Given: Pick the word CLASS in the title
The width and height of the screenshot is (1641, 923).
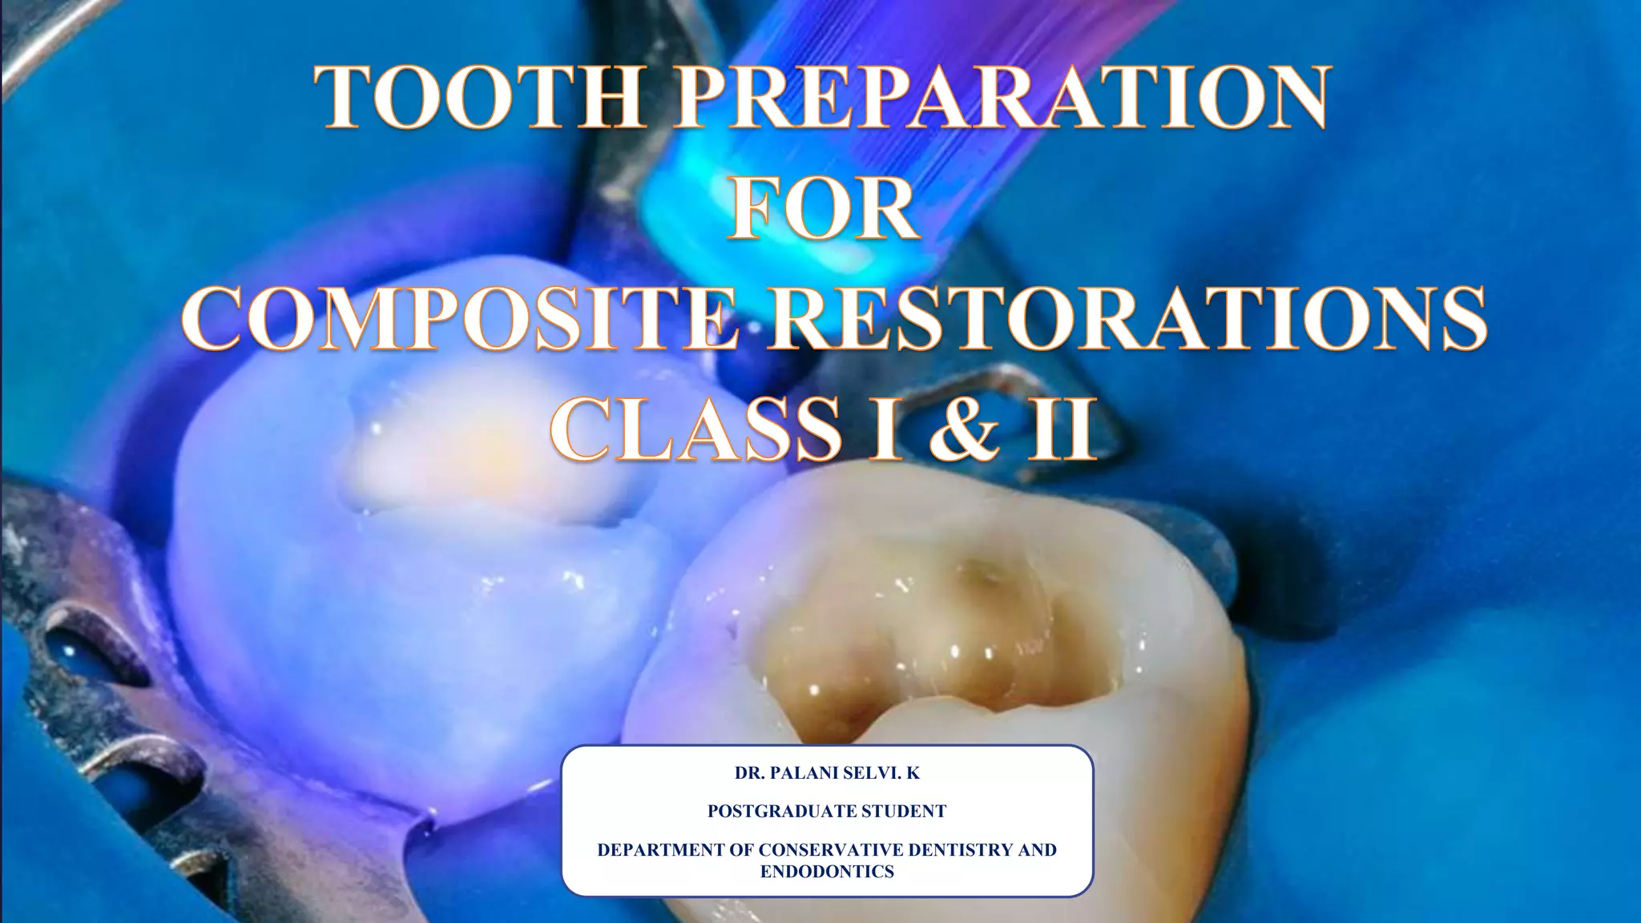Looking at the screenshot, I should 696,429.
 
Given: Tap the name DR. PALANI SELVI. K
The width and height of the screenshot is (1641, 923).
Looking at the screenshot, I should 827,773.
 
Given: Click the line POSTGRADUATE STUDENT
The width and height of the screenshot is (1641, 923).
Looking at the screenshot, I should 827,812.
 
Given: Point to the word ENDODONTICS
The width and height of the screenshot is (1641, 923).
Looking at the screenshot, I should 827,872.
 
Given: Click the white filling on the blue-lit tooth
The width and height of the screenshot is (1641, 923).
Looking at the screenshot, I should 473,457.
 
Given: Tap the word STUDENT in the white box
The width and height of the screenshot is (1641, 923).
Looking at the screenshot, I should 903,812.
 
